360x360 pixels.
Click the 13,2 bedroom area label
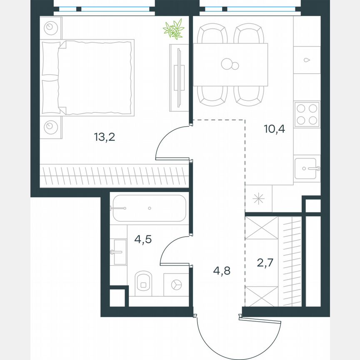click(104, 137)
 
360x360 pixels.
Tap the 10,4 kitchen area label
click(274, 129)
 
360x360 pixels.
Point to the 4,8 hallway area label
click(221, 270)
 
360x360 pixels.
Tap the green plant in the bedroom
click(173, 29)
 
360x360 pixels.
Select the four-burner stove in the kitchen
click(307, 114)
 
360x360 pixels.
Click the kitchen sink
click(307, 169)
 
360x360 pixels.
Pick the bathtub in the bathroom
click(148, 208)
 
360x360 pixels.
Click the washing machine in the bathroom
click(175, 284)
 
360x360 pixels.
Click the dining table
click(230, 64)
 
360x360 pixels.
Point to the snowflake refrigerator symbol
click(259, 198)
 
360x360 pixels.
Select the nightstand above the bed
click(51, 27)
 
